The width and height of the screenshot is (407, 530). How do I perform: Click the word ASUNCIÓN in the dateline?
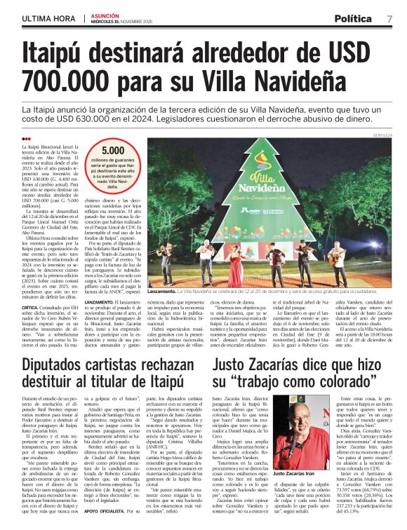point(105,13)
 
